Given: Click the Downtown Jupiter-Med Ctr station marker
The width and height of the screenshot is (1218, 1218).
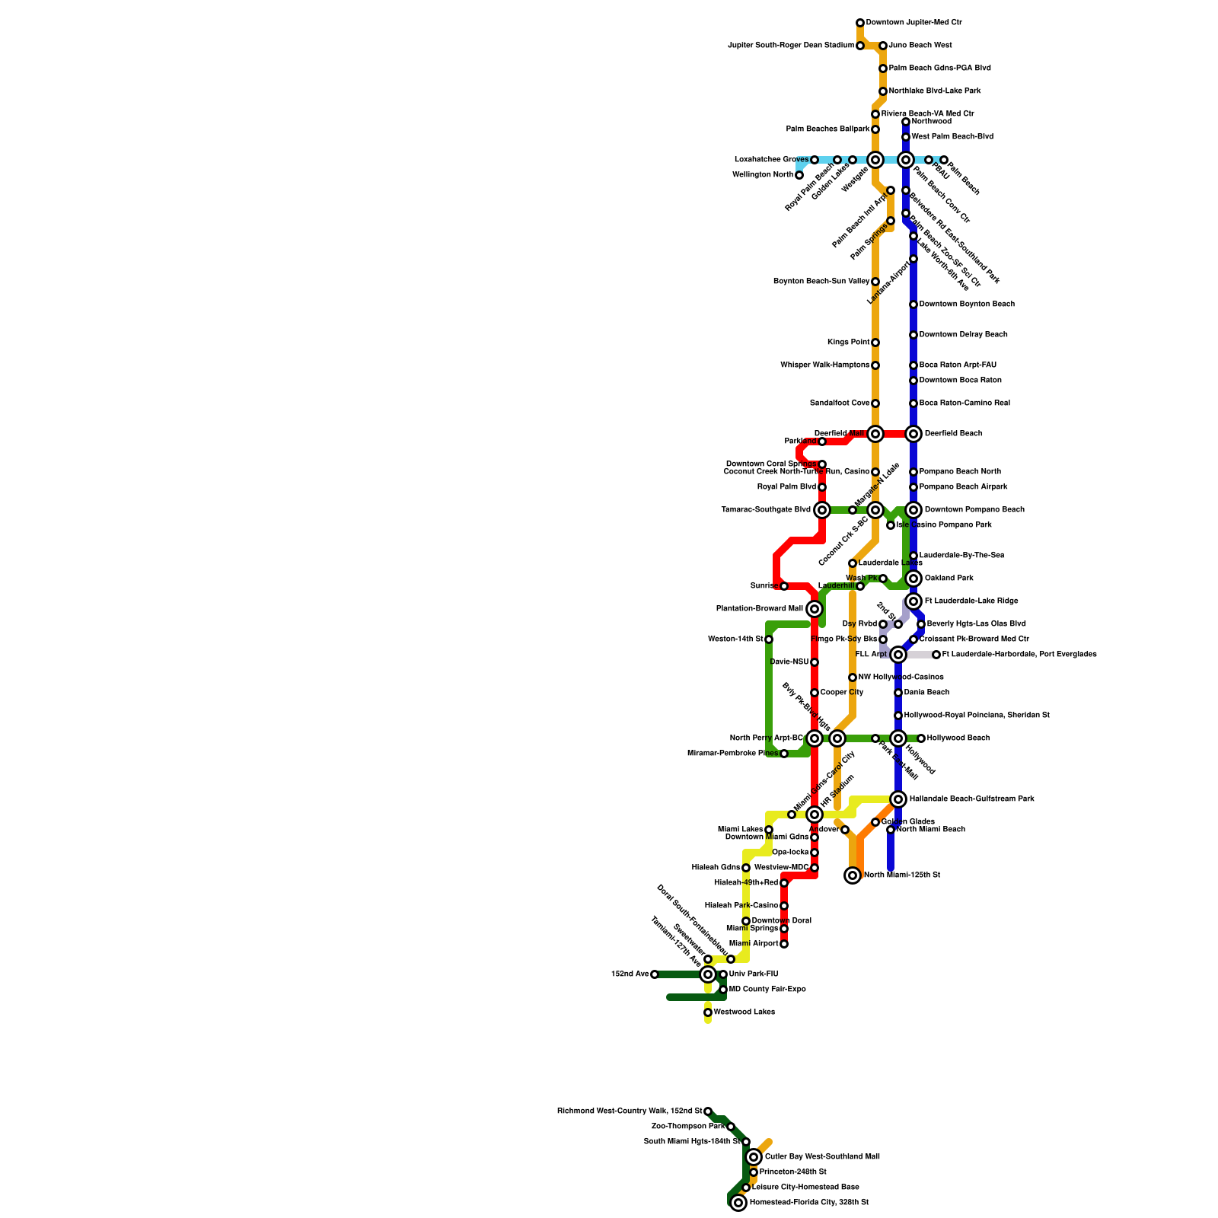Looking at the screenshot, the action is tap(860, 23).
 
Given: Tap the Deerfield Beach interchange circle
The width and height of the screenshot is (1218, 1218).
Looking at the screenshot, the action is tap(913, 434).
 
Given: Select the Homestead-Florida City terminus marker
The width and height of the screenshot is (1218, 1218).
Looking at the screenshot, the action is tap(738, 1203).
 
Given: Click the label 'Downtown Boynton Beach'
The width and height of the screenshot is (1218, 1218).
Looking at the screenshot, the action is tap(967, 304).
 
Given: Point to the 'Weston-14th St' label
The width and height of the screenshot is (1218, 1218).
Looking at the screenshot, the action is tap(735, 639).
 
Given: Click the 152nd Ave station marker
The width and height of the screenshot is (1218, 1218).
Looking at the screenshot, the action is tap(655, 974).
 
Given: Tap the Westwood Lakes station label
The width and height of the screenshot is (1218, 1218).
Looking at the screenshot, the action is tap(744, 1012).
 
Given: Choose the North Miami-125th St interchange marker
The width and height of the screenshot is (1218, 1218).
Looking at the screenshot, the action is tap(853, 875).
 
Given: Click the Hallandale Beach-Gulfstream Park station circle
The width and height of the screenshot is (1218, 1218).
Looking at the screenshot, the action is tap(898, 799).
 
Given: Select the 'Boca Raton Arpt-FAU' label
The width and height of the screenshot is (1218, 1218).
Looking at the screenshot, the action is tap(958, 365).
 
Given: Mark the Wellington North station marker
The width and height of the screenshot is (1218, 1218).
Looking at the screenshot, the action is tap(799, 175).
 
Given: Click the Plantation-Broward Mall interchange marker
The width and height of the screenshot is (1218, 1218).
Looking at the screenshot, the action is tap(815, 609).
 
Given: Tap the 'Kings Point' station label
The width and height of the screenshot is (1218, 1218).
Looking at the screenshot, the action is tap(848, 343).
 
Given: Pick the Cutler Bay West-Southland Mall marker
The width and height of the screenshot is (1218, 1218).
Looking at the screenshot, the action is tap(754, 1157).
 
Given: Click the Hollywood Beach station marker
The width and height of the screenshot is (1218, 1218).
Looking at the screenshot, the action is tap(921, 738).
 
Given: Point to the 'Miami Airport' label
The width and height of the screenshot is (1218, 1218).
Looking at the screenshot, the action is tap(754, 944).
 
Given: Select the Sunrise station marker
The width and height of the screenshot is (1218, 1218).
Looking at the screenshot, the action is tap(784, 586).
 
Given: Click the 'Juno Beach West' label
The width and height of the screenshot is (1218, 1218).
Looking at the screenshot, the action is tap(920, 46).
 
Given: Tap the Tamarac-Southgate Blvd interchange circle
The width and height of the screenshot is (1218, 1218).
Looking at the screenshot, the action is tap(822, 510).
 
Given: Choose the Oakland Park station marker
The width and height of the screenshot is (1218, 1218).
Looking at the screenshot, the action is tap(913, 579).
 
